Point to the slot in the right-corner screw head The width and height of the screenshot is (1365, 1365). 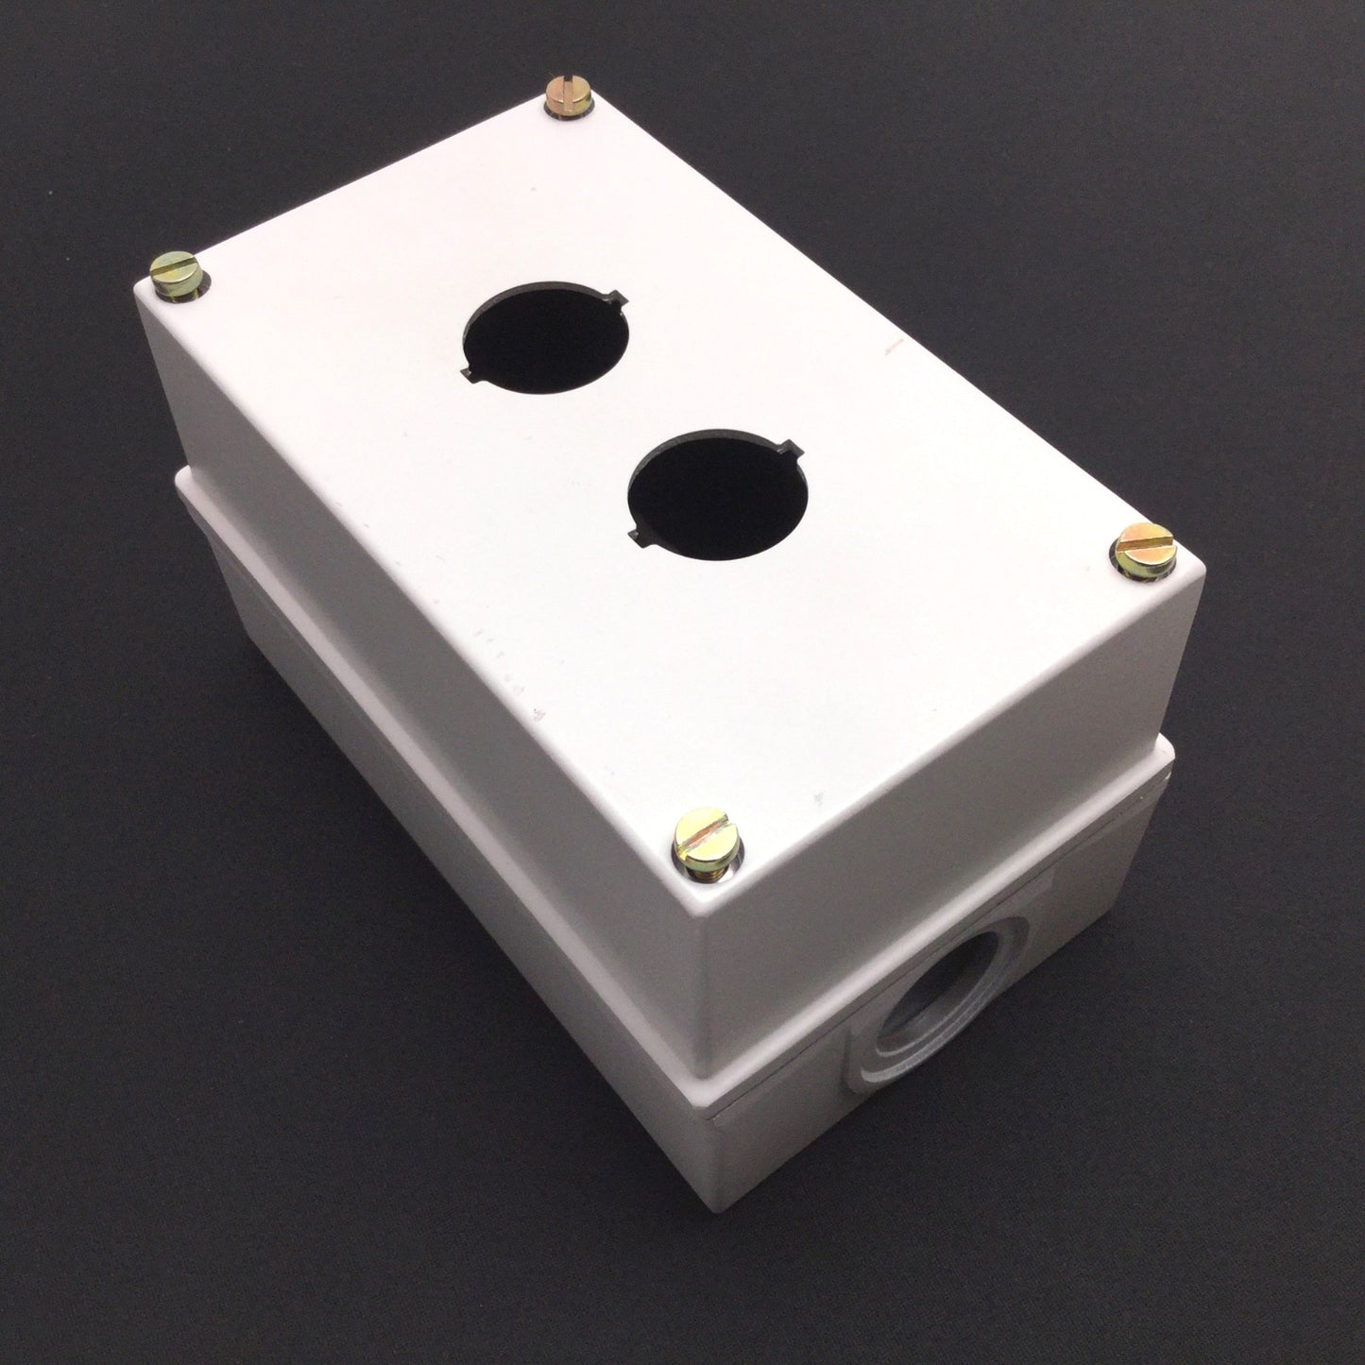pyautogui.click(x=1143, y=542)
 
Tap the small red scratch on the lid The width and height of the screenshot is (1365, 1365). pyautogui.click(x=888, y=350)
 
